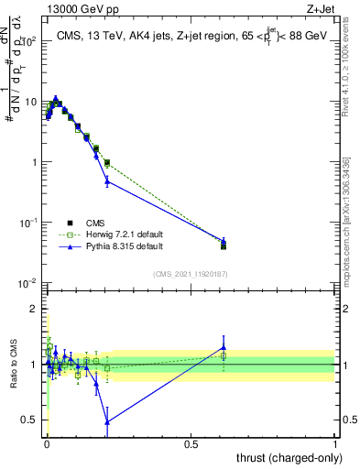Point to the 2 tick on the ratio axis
(36, 310)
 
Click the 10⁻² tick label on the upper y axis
(29, 283)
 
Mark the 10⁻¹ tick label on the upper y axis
(29, 223)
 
